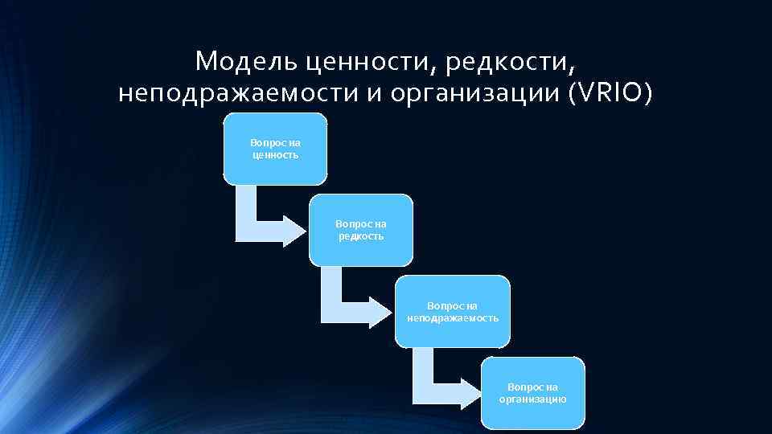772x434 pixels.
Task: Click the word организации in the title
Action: (474, 94)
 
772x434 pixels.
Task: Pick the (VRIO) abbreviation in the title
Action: (610, 94)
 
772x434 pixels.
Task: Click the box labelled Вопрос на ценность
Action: (275, 149)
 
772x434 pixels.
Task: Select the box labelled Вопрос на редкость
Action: (361, 230)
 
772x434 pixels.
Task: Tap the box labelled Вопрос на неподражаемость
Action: (453, 311)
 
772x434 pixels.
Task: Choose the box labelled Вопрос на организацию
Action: (533, 393)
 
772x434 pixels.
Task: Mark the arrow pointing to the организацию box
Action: (441, 381)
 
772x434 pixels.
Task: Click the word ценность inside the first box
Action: (275, 155)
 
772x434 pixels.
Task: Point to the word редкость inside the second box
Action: (361, 236)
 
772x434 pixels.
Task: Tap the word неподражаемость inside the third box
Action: (453, 318)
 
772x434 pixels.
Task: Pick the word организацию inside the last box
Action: (533, 399)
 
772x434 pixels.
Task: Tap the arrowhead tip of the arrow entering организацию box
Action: (480, 391)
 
